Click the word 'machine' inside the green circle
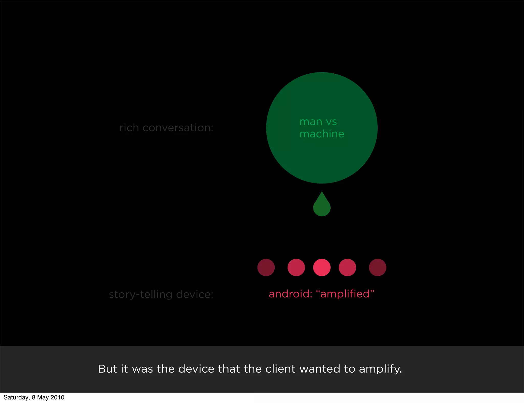(322, 134)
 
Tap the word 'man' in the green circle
(311, 122)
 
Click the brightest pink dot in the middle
(322, 267)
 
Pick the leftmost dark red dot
(266, 267)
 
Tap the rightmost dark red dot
(377, 267)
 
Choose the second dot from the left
(296, 267)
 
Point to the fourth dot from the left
(347, 267)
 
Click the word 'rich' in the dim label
(129, 128)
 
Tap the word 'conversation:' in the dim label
(178, 128)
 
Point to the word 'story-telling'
(140, 295)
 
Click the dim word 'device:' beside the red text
(195, 294)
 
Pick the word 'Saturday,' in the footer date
(17, 398)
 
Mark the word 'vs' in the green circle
(331, 122)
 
